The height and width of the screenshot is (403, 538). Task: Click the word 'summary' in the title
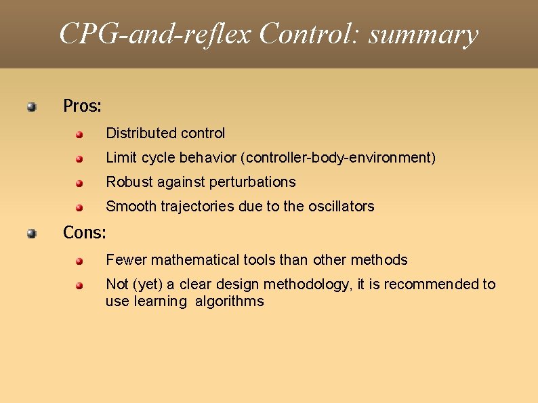[423, 34]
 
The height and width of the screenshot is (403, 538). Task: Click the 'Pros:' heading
[82, 106]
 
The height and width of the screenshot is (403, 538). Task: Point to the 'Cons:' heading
[85, 233]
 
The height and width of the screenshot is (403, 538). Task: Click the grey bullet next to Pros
[32, 106]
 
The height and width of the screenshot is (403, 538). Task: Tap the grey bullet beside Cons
[32, 234]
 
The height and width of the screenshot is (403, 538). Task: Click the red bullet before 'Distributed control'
[79, 134]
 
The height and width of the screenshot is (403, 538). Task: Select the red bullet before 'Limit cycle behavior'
[79, 158]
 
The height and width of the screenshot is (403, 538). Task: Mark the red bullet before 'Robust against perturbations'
[79, 183]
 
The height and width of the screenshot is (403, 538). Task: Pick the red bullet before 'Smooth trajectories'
[79, 207]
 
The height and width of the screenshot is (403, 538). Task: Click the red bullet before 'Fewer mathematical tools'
[79, 261]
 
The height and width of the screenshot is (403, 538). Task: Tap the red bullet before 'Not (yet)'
[79, 285]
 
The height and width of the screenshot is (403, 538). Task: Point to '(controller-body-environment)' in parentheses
[337, 158]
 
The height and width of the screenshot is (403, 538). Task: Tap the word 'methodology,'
[308, 284]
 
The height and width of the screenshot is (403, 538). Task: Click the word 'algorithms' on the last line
[230, 302]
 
